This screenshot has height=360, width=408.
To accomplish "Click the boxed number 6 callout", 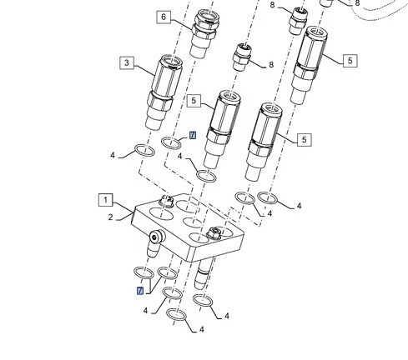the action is [x=164, y=17].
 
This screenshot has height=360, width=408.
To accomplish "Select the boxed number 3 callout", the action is [x=127, y=62].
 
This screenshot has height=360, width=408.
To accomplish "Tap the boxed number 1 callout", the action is [x=106, y=200].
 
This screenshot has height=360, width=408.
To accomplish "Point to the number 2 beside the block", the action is [x=111, y=217].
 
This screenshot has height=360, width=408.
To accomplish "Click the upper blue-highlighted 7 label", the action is [x=193, y=135].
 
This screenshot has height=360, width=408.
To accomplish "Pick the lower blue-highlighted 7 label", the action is [x=140, y=291].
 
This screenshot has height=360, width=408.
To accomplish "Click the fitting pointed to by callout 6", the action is [x=204, y=33].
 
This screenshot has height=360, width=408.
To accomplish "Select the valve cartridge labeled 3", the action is [x=164, y=92].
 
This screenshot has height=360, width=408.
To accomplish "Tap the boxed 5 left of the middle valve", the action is [x=194, y=101].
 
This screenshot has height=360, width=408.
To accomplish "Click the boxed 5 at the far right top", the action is [x=350, y=61].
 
